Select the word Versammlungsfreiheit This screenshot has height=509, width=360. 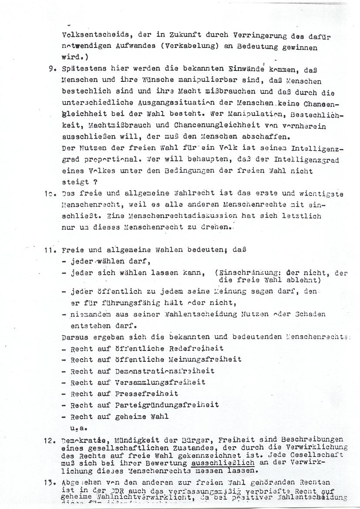click(x=160, y=382)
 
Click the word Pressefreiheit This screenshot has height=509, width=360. click(x=146, y=394)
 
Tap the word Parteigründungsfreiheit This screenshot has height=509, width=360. click(x=167, y=405)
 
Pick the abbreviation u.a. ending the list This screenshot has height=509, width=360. click(x=77, y=428)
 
